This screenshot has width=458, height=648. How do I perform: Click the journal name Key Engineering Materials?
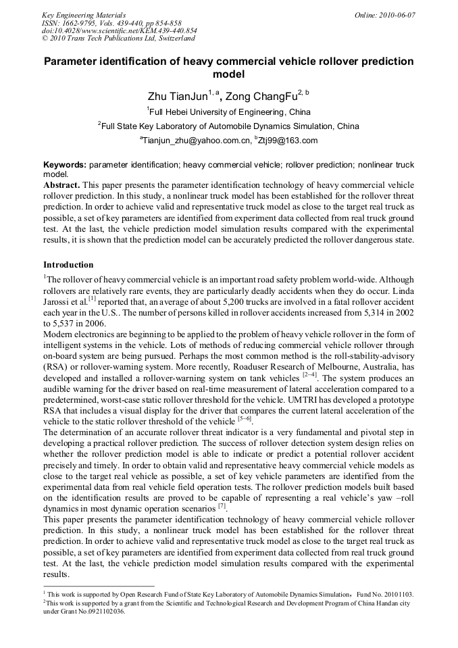point(84,15)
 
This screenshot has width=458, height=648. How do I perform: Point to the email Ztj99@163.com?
point(286,141)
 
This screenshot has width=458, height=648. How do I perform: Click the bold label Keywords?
point(65,165)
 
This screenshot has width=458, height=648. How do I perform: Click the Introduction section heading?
point(68,264)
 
